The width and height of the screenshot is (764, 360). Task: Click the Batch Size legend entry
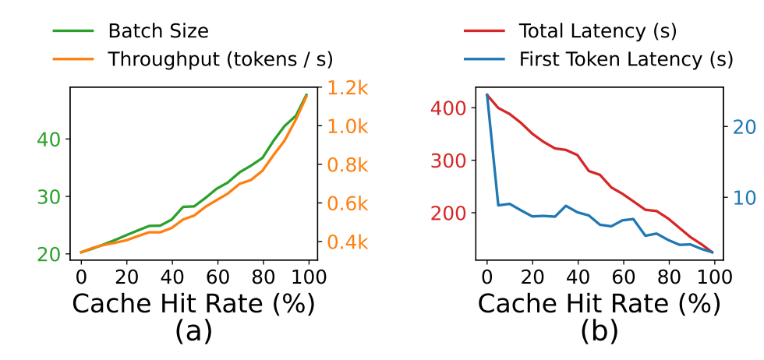158,32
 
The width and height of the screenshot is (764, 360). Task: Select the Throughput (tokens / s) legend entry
221,59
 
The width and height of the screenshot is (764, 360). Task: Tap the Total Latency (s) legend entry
597,32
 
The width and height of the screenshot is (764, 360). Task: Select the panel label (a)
192,331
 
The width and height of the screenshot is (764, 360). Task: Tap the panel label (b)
599,331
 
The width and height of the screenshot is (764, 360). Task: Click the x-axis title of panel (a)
193,304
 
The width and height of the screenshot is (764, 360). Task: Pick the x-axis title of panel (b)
600,304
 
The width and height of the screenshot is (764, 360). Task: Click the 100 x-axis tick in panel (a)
309,277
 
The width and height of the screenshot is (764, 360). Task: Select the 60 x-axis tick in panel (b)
624,277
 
